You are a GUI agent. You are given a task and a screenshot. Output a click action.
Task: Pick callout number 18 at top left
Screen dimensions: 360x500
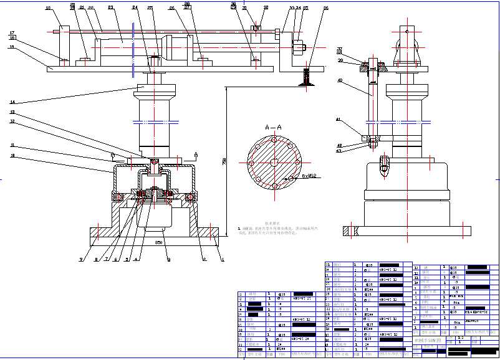[x=48, y=9]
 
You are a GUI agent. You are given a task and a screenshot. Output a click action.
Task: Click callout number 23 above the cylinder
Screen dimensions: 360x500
[x=110, y=8]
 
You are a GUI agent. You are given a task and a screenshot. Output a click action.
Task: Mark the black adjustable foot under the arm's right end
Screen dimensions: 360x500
[x=306, y=78]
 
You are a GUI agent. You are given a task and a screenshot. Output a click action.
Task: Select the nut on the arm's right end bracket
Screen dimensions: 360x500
[x=298, y=45]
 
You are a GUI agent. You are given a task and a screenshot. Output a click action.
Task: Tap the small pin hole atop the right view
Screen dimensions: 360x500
[x=406, y=31]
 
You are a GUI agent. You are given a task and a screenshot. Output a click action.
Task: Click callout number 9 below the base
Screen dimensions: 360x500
[x=168, y=259]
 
